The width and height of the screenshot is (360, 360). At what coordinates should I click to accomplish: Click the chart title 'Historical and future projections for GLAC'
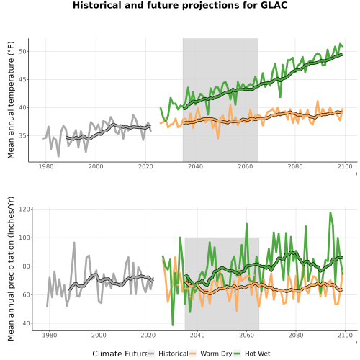point(180,5)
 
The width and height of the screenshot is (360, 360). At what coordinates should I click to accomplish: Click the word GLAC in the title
point(274,5)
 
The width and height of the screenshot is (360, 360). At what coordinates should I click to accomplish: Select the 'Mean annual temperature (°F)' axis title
point(11,100)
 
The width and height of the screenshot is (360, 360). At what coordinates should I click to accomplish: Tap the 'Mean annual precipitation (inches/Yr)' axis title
point(11,269)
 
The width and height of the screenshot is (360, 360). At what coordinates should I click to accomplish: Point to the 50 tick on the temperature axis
point(22,51)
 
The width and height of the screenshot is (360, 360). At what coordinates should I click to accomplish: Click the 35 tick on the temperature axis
point(22,135)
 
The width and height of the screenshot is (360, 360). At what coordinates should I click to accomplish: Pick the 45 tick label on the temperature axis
point(22,79)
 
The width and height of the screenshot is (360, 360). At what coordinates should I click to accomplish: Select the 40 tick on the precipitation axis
point(27,323)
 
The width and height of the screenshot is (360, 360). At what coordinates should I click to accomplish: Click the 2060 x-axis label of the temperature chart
point(246,166)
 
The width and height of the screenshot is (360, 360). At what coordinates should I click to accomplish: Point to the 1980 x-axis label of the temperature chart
point(46,166)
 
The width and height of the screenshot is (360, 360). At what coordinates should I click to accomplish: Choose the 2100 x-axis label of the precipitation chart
point(345,335)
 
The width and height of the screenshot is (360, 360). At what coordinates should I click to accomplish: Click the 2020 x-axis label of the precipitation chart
point(148,335)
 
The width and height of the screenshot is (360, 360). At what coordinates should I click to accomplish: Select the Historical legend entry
point(168,354)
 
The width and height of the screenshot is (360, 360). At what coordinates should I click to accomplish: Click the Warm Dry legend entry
point(211,354)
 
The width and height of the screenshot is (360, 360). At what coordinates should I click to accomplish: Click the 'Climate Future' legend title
point(120,354)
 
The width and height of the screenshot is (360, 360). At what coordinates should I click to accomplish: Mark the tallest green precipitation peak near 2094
point(330,212)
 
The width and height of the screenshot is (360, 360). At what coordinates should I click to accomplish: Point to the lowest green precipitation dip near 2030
point(173,325)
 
